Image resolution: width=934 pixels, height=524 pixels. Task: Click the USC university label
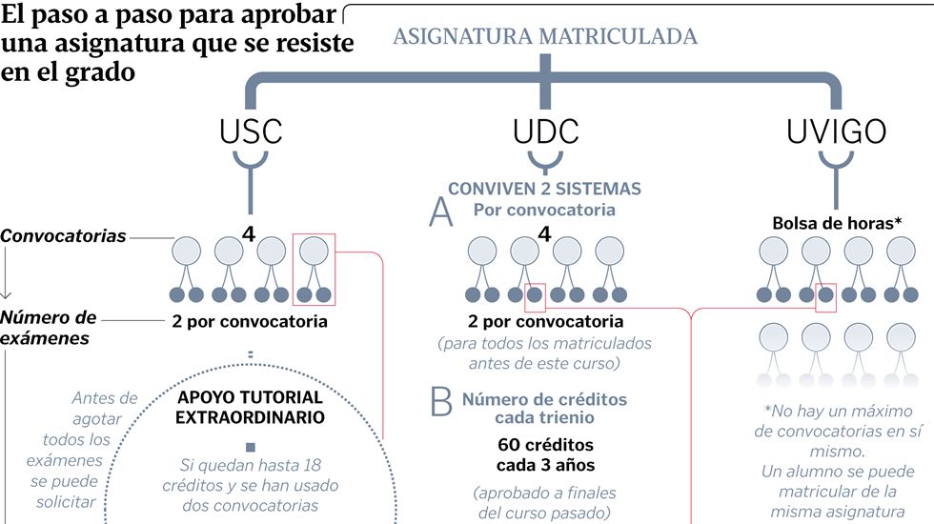(x=251, y=131)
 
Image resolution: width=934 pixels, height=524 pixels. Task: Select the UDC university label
(x=545, y=131)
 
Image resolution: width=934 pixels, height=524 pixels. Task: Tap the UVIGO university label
(x=835, y=131)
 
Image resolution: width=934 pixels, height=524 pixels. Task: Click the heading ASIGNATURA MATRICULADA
(x=545, y=37)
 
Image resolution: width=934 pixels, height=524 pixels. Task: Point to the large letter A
(x=440, y=212)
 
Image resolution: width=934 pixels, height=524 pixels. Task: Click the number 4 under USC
(x=250, y=231)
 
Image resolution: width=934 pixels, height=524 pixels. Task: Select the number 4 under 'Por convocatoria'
(x=544, y=232)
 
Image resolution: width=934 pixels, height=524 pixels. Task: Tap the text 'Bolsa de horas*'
(x=835, y=223)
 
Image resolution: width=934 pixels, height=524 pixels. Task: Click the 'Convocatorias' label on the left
(x=63, y=235)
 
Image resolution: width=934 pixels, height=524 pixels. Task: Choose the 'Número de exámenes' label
(x=49, y=327)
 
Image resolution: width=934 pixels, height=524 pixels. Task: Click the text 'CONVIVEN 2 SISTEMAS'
(x=544, y=189)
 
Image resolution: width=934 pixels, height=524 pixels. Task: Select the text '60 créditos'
(x=544, y=444)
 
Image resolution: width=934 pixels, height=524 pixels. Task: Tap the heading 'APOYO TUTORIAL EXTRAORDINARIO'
(x=250, y=407)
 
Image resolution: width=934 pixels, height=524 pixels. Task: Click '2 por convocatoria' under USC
(x=250, y=321)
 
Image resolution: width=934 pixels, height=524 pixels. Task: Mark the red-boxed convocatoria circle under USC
(x=314, y=252)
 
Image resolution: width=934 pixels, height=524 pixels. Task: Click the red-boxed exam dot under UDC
(x=535, y=295)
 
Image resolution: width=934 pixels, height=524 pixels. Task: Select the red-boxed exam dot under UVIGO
(x=826, y=295)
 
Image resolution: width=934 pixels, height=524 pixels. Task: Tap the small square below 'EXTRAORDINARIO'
(x=250, y=447)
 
